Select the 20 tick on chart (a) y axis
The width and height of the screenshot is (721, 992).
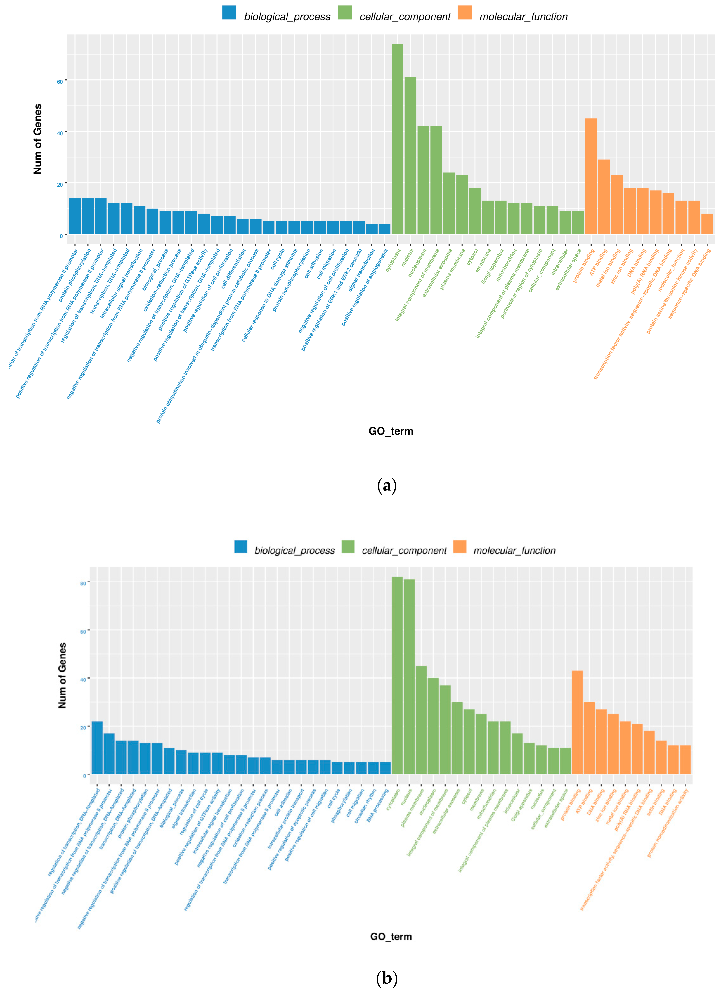60,184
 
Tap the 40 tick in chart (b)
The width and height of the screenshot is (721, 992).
83,679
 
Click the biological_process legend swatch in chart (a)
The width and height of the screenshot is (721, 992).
229,13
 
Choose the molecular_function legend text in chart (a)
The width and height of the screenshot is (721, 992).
523,17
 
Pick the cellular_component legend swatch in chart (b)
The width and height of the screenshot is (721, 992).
348,547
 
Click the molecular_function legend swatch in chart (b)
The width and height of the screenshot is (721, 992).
460,547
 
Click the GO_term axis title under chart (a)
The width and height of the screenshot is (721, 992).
391,431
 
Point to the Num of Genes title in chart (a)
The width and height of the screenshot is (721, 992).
38,139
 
